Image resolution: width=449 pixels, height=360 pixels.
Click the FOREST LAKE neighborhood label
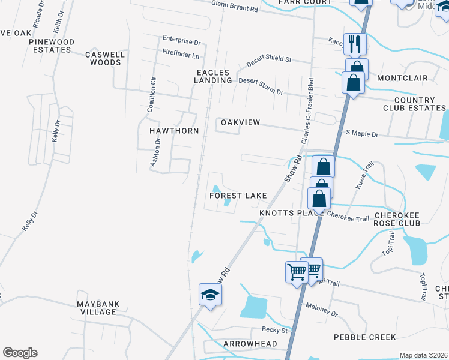pos(238,196)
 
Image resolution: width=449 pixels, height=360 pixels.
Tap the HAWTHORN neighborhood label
pos(173,130)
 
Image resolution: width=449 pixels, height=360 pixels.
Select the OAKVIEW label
pos(240,122)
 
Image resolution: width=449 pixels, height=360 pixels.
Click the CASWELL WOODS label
pos(105,58)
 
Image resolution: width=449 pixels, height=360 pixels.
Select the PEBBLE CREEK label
pos(364,337)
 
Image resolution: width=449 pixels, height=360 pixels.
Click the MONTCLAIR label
pos(402,78)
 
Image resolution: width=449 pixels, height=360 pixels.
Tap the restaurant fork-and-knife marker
pos(355,43)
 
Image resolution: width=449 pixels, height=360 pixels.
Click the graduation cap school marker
pos(210,295)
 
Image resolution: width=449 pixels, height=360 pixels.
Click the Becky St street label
pos(275,329)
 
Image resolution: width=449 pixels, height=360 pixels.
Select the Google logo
pos(20,353)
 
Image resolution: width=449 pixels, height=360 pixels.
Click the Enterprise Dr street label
pos(181,41)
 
